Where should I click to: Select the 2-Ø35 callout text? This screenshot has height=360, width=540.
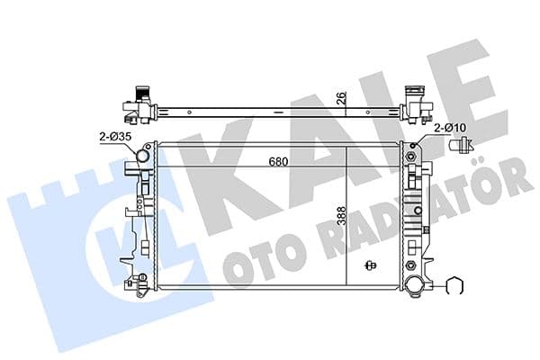114,137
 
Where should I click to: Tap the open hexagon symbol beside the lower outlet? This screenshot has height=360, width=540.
455,288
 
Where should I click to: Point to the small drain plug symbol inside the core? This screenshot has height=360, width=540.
369,265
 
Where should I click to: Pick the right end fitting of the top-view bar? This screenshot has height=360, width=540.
414,101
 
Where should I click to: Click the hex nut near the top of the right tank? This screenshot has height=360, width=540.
411,158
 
